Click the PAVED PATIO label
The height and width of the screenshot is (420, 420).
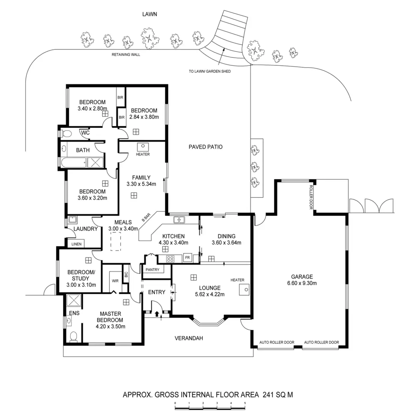click(x=205, y=147)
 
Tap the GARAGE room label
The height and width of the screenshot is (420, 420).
click(x=302, y=276)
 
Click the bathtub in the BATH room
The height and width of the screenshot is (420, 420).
click(x=74, y=162)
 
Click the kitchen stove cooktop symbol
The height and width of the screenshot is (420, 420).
click(x=170, y=259)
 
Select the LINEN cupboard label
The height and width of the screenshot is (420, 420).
click(x=77, y=244)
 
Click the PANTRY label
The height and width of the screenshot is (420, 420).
click(x=153, y=269)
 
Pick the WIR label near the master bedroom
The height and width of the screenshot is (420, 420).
click(x=115, y=281)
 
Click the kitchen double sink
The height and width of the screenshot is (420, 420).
click(x=180, y=220)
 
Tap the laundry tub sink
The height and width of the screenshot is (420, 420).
click(x=72, y=220)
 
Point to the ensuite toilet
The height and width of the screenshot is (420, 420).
click(x=73, y=336)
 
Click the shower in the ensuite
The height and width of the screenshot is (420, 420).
click(x=74, y=300)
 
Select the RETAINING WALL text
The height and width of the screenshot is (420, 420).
click(x=126, y=55)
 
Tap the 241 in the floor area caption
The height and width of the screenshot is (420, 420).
click(x=267, y=395)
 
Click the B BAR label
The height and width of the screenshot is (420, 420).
click(x=146, y=218)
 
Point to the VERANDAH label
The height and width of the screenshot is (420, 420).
click(x=189, y=338)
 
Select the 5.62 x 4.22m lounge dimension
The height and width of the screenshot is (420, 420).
click(x=210, y=294)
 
